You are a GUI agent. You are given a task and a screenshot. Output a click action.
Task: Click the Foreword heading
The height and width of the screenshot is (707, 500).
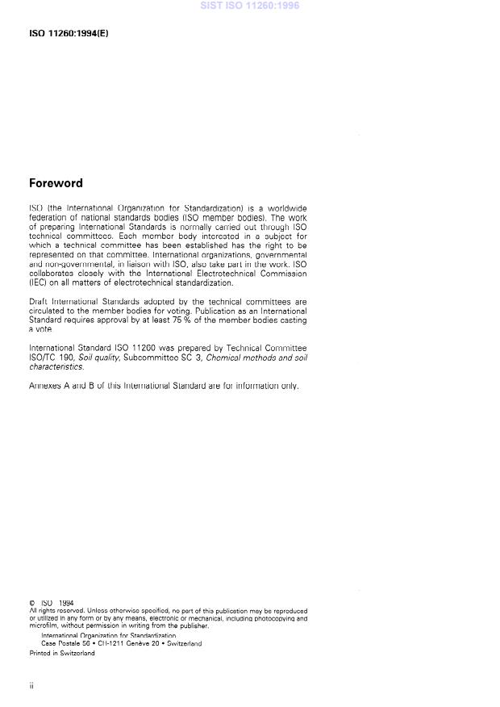pos(56,184)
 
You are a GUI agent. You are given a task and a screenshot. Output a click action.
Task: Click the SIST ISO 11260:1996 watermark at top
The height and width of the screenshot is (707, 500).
pos(250,6)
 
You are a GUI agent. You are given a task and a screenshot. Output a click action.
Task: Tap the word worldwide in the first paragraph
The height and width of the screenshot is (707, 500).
pos(285,208)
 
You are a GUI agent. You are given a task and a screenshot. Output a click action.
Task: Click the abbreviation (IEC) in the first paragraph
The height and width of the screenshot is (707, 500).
pos(38,283)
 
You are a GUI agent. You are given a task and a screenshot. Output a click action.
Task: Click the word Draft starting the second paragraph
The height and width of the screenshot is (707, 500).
pos(39,301)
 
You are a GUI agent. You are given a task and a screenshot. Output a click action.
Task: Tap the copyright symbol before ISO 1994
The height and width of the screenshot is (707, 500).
pos(31,602)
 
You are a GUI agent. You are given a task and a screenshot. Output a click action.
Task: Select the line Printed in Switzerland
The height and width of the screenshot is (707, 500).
pos(62,653)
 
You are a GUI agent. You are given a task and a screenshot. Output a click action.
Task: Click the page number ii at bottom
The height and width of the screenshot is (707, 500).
pos(31,685)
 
